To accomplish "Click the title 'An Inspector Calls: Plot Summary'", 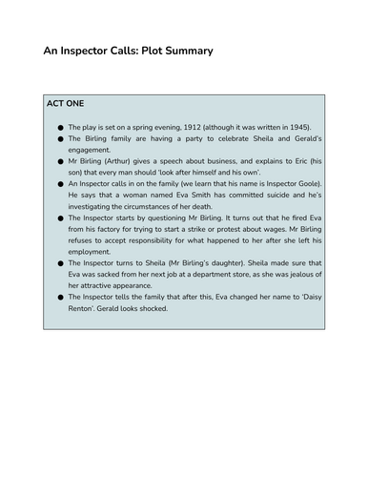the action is [128, 50].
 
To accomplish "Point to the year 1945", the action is [286, 126].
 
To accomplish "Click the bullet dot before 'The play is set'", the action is [60, 127].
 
